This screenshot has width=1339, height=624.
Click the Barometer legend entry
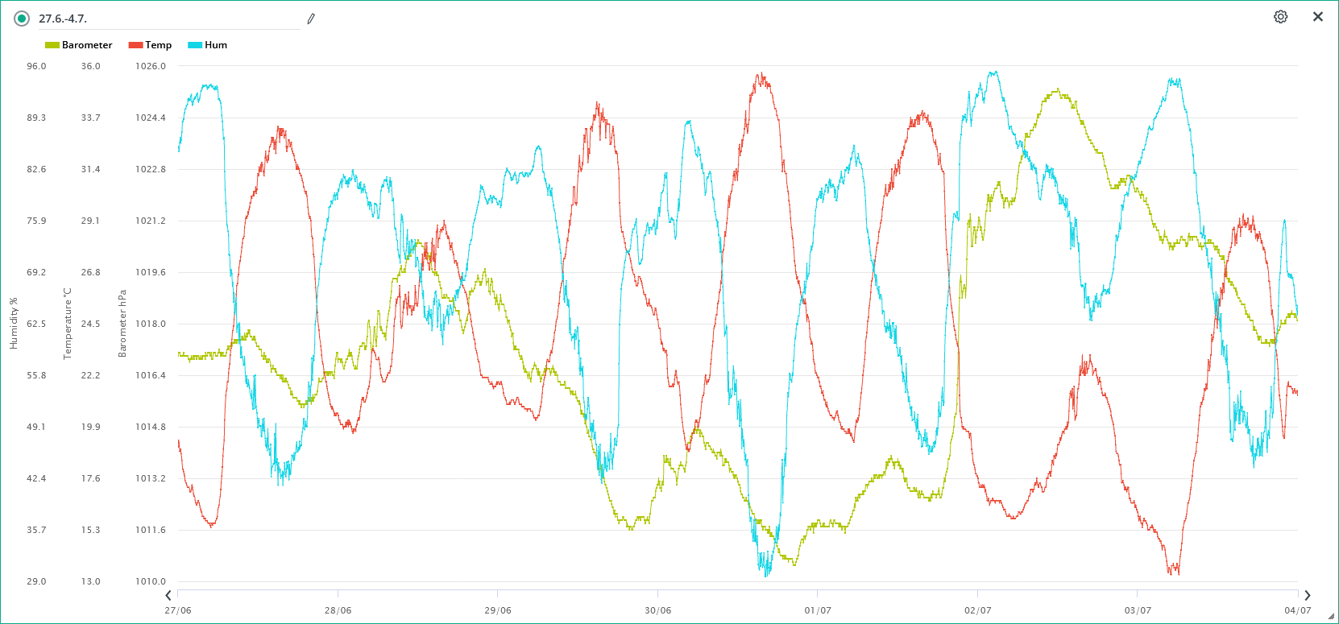point(79,45)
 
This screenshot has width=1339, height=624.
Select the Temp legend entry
point(151,45)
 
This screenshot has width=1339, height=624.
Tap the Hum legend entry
point(208,45)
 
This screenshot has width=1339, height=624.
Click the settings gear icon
point(1280,17)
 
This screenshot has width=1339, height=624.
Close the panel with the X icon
point(1318,17)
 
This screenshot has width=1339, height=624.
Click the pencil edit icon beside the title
point(311,19)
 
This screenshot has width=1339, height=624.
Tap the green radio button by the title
point(22,19)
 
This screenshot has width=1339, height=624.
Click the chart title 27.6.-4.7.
point(63,19)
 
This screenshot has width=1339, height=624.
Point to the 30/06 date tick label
point(657,610)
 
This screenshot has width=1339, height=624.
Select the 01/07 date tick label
point(818,610)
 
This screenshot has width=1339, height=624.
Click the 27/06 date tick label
point(178,610)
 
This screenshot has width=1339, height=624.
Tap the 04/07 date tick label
point(1297,610)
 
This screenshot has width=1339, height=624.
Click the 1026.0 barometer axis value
point(151,66)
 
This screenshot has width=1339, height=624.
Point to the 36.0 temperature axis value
point(90,66)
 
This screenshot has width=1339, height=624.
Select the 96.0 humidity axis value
point(36,66)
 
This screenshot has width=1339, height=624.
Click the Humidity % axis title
point(14,323)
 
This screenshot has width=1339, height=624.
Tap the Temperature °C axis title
point(68,323)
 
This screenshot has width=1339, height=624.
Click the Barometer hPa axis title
point(122,323)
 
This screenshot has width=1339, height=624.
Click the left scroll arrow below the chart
point(168,596)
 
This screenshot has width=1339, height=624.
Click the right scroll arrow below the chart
point(1307,596)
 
